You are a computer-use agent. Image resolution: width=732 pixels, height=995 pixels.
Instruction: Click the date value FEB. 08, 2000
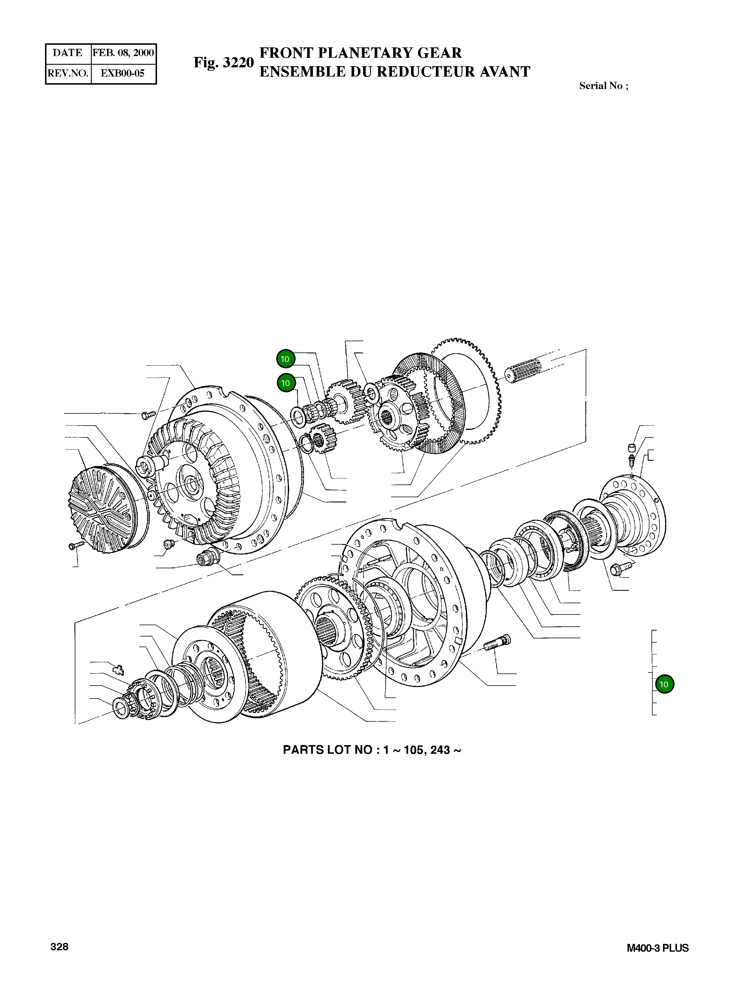click(x=123, y=53)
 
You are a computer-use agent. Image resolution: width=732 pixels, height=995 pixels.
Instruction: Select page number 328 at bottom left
click(x=59, y=947)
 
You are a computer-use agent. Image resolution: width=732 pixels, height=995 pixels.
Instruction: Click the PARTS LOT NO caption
click(x=372, y=750)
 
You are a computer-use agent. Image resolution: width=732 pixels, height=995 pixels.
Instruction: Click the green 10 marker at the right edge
click(x=664, y=684)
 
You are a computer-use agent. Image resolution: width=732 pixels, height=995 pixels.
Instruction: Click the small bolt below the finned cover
click(x=76, y=545)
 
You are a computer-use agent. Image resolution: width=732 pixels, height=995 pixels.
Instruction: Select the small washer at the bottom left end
click(x=121, y=708)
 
